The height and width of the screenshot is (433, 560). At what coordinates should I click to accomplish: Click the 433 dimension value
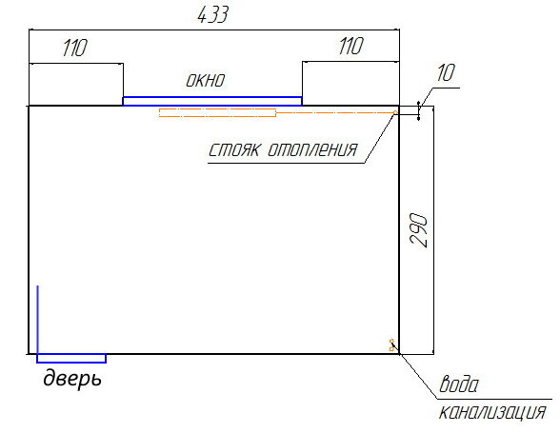212,15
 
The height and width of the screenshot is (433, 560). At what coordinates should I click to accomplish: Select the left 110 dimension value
74,48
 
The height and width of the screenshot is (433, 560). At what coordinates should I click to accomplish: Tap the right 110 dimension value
350,46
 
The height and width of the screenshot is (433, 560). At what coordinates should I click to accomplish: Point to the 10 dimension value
446,73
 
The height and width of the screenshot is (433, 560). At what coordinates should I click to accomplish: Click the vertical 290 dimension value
419,230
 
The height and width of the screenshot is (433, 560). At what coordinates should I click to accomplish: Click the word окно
206,80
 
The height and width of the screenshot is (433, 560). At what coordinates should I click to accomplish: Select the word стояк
234,149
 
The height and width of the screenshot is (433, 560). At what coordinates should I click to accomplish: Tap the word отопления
312,149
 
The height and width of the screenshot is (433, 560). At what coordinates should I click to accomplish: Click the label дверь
72,378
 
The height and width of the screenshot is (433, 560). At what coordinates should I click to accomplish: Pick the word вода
459,384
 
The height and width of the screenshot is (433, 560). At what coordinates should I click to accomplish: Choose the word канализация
492,412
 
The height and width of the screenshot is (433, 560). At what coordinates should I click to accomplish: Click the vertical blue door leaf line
38,320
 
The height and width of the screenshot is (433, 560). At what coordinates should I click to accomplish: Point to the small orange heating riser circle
395,112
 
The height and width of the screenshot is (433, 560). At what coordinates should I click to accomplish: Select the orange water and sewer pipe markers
391,345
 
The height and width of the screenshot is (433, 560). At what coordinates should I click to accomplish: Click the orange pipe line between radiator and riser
334,112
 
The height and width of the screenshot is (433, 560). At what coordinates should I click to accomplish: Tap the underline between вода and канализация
494,399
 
